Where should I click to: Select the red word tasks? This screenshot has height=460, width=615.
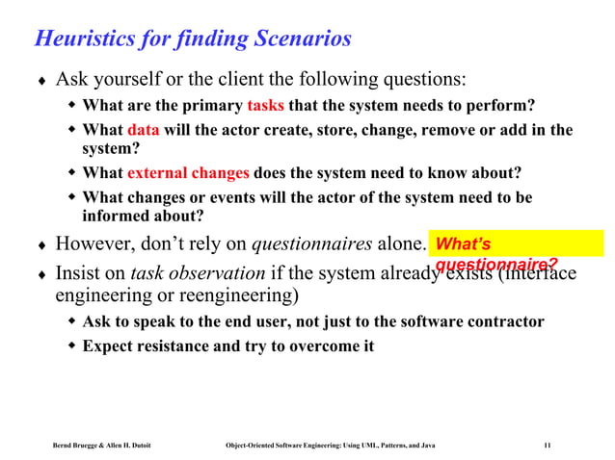(x=265, y=105)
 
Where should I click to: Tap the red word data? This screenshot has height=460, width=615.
(x=144, y=130)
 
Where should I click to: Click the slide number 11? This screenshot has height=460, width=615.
(x=547, y=446)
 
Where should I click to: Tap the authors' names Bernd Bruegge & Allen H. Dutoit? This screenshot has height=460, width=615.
(x=103, y=446)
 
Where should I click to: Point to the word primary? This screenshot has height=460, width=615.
(x=209, y=105)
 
